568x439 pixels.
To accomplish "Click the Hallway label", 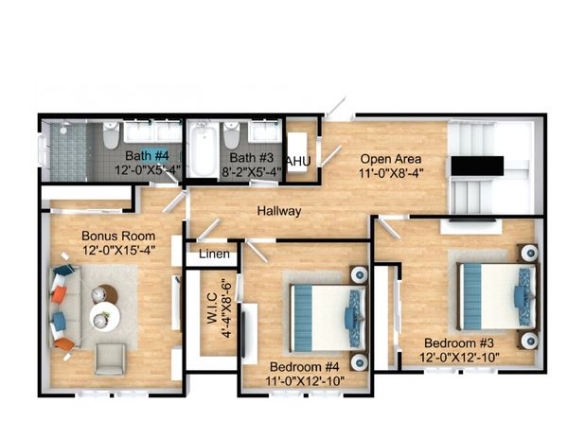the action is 279,211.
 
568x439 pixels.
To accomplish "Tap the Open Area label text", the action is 391,159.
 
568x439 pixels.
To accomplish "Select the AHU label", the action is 298,162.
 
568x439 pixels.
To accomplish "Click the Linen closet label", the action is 214,255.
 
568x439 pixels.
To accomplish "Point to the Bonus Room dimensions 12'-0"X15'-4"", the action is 119,250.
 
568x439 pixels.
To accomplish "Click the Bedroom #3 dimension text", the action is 459,358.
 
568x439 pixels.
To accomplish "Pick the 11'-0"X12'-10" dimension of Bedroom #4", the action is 305,380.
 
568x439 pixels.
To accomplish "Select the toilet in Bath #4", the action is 111,135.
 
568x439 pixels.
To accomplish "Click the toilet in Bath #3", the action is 231,135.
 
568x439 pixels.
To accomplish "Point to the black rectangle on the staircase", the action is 477,167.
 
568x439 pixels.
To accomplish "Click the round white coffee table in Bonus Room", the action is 105,317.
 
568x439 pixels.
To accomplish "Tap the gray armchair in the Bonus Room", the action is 110,359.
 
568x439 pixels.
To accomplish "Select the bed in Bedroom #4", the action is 328,318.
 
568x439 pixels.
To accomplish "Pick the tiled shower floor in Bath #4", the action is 68,152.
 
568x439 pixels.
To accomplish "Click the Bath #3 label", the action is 252,158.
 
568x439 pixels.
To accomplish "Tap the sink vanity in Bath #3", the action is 265,132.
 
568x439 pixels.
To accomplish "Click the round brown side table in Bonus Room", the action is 108,294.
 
